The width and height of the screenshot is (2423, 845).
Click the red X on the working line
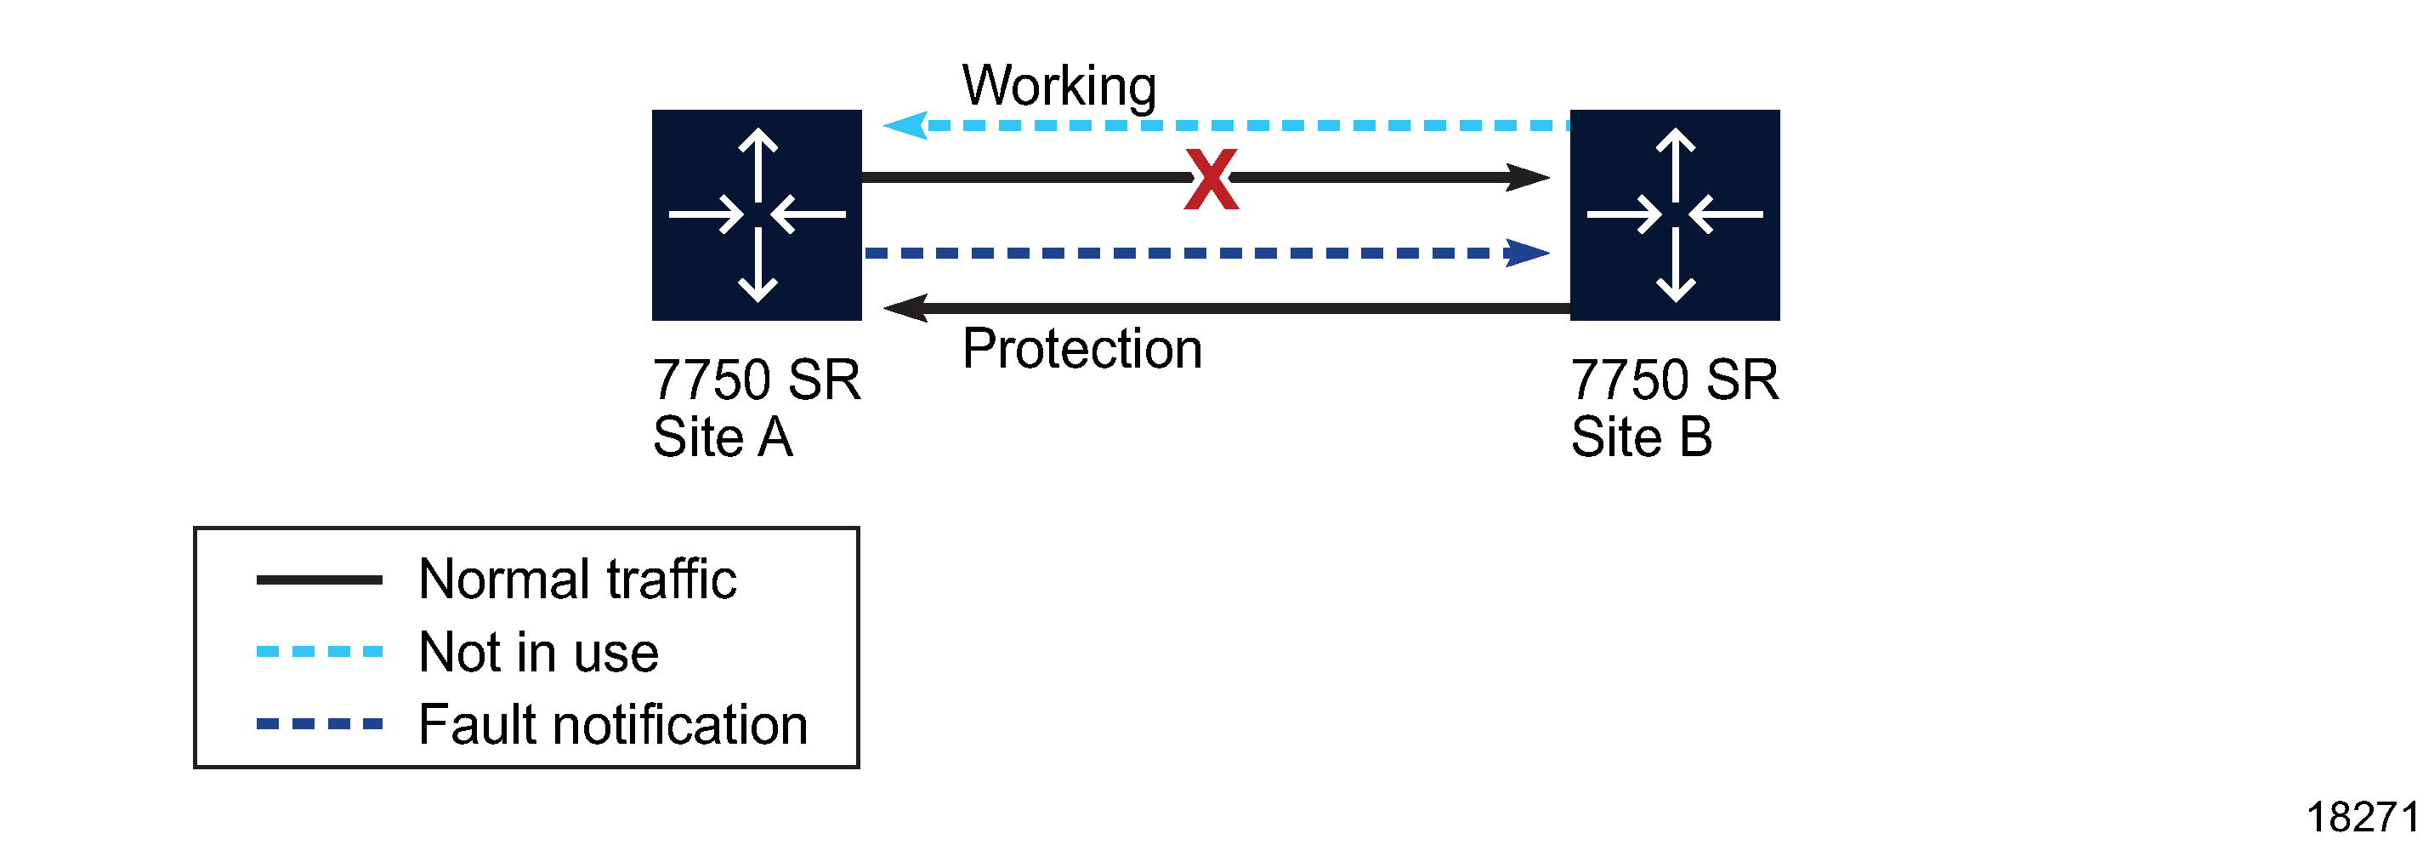(x=1211, y=179)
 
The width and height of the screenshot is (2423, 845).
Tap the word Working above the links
(x=1058, y=87)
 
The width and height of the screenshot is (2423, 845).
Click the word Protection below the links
(x=1081, y=349)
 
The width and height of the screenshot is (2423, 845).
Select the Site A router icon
(x=757, y=214)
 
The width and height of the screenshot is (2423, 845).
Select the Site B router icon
(x=1674, y=214)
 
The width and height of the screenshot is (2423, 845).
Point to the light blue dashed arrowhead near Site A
(x=905, y=125)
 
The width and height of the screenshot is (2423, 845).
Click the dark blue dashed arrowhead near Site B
(x=1527, y=252)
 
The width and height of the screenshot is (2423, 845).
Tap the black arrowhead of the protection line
(x=905, y=308)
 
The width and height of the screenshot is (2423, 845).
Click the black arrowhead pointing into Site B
(x=1527, y=177)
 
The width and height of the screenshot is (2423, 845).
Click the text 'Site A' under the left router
(x=723, y=437)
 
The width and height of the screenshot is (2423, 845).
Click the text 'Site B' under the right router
(x=1642, y=437)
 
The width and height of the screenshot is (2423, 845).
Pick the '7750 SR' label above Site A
(x=757, y=380)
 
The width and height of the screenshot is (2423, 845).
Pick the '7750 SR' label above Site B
(x=1674, y=380)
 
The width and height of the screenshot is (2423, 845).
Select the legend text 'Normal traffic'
(x=576, y=579)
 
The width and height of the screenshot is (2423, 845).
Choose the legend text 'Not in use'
(x=538, y=652)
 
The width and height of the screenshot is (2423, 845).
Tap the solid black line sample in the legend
(x=319, y=580)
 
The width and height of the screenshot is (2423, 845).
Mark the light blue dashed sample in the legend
(x=319, y=651)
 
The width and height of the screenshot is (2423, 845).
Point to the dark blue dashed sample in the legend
(x=319, y=723)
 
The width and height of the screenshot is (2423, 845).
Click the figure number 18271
(x=2361, y=817)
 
